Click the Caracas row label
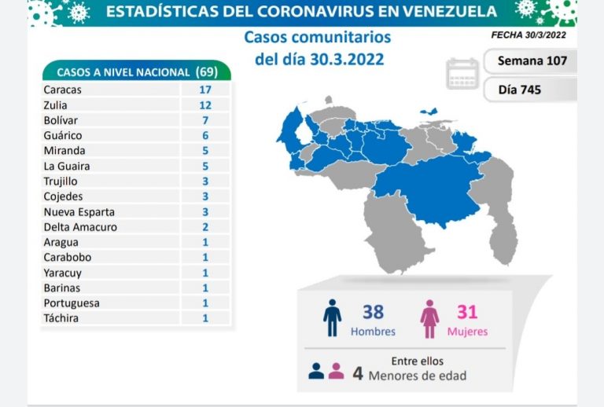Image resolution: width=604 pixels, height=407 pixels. click(x=63, y=90)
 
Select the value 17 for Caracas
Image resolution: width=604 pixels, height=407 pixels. click(x=205, y=90)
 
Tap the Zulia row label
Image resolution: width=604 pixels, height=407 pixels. click(x=57, y=104)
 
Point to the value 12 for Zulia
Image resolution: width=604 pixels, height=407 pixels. click(x=205, y=104)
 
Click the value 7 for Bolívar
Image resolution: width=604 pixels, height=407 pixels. click(x=205, y=120)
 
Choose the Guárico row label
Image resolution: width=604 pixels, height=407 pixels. click(x=62, y=135)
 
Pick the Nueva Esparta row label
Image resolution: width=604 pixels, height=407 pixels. click(x=79, y=212)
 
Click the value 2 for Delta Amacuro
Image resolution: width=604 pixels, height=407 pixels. click(x=205, y=227)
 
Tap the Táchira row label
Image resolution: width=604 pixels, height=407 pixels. click(x=61, y=318)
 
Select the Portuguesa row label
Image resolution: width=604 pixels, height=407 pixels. click(x=72, y=303)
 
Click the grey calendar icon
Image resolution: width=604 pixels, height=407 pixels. click(x=462, y=73)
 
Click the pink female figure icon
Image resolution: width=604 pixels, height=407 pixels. click(x=429, y=317)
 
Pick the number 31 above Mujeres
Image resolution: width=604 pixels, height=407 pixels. click(x=467, y=312)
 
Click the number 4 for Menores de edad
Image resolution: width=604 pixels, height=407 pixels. click(x=358, y=374)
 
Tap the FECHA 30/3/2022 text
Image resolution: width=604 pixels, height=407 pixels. click(x=528, y=35)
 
